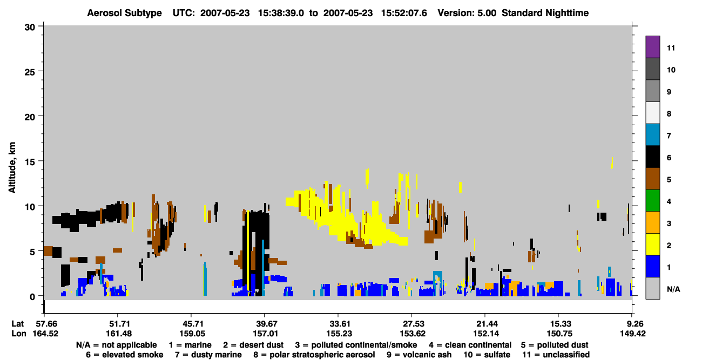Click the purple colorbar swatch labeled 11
click(x=652, y=46)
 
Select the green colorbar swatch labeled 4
click(x=652, y=201)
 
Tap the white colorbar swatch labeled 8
click(x=652, y=113)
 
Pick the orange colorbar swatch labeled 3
click(x=652, y=222)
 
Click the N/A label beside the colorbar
click(x=673, y=289)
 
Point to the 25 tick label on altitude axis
click(x=30, y=72)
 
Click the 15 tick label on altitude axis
click(x=30, y=162)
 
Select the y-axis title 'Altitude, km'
click(x=12, y=167)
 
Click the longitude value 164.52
click(x=45, y=334)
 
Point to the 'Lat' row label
click(x=17, y=324)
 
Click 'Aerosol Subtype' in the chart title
click(x=124, y=13)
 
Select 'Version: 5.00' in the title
click(x=467, y=13)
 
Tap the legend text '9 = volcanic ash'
click(x=419, y=355)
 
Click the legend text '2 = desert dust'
click(x=253, y=345)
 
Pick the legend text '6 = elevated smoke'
click(x=125, y=355)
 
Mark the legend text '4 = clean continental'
click(x=470, y=345)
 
